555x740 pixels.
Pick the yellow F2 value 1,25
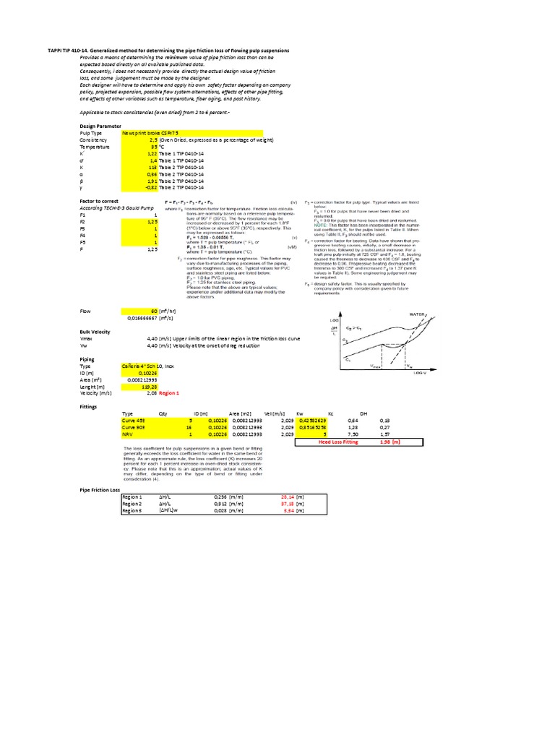152,222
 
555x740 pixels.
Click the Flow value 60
154,310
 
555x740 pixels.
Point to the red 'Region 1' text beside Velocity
170,394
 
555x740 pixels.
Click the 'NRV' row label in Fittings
127,434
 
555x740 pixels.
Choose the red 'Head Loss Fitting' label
338,442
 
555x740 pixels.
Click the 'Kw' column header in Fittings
299,413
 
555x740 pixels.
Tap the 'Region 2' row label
132,504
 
